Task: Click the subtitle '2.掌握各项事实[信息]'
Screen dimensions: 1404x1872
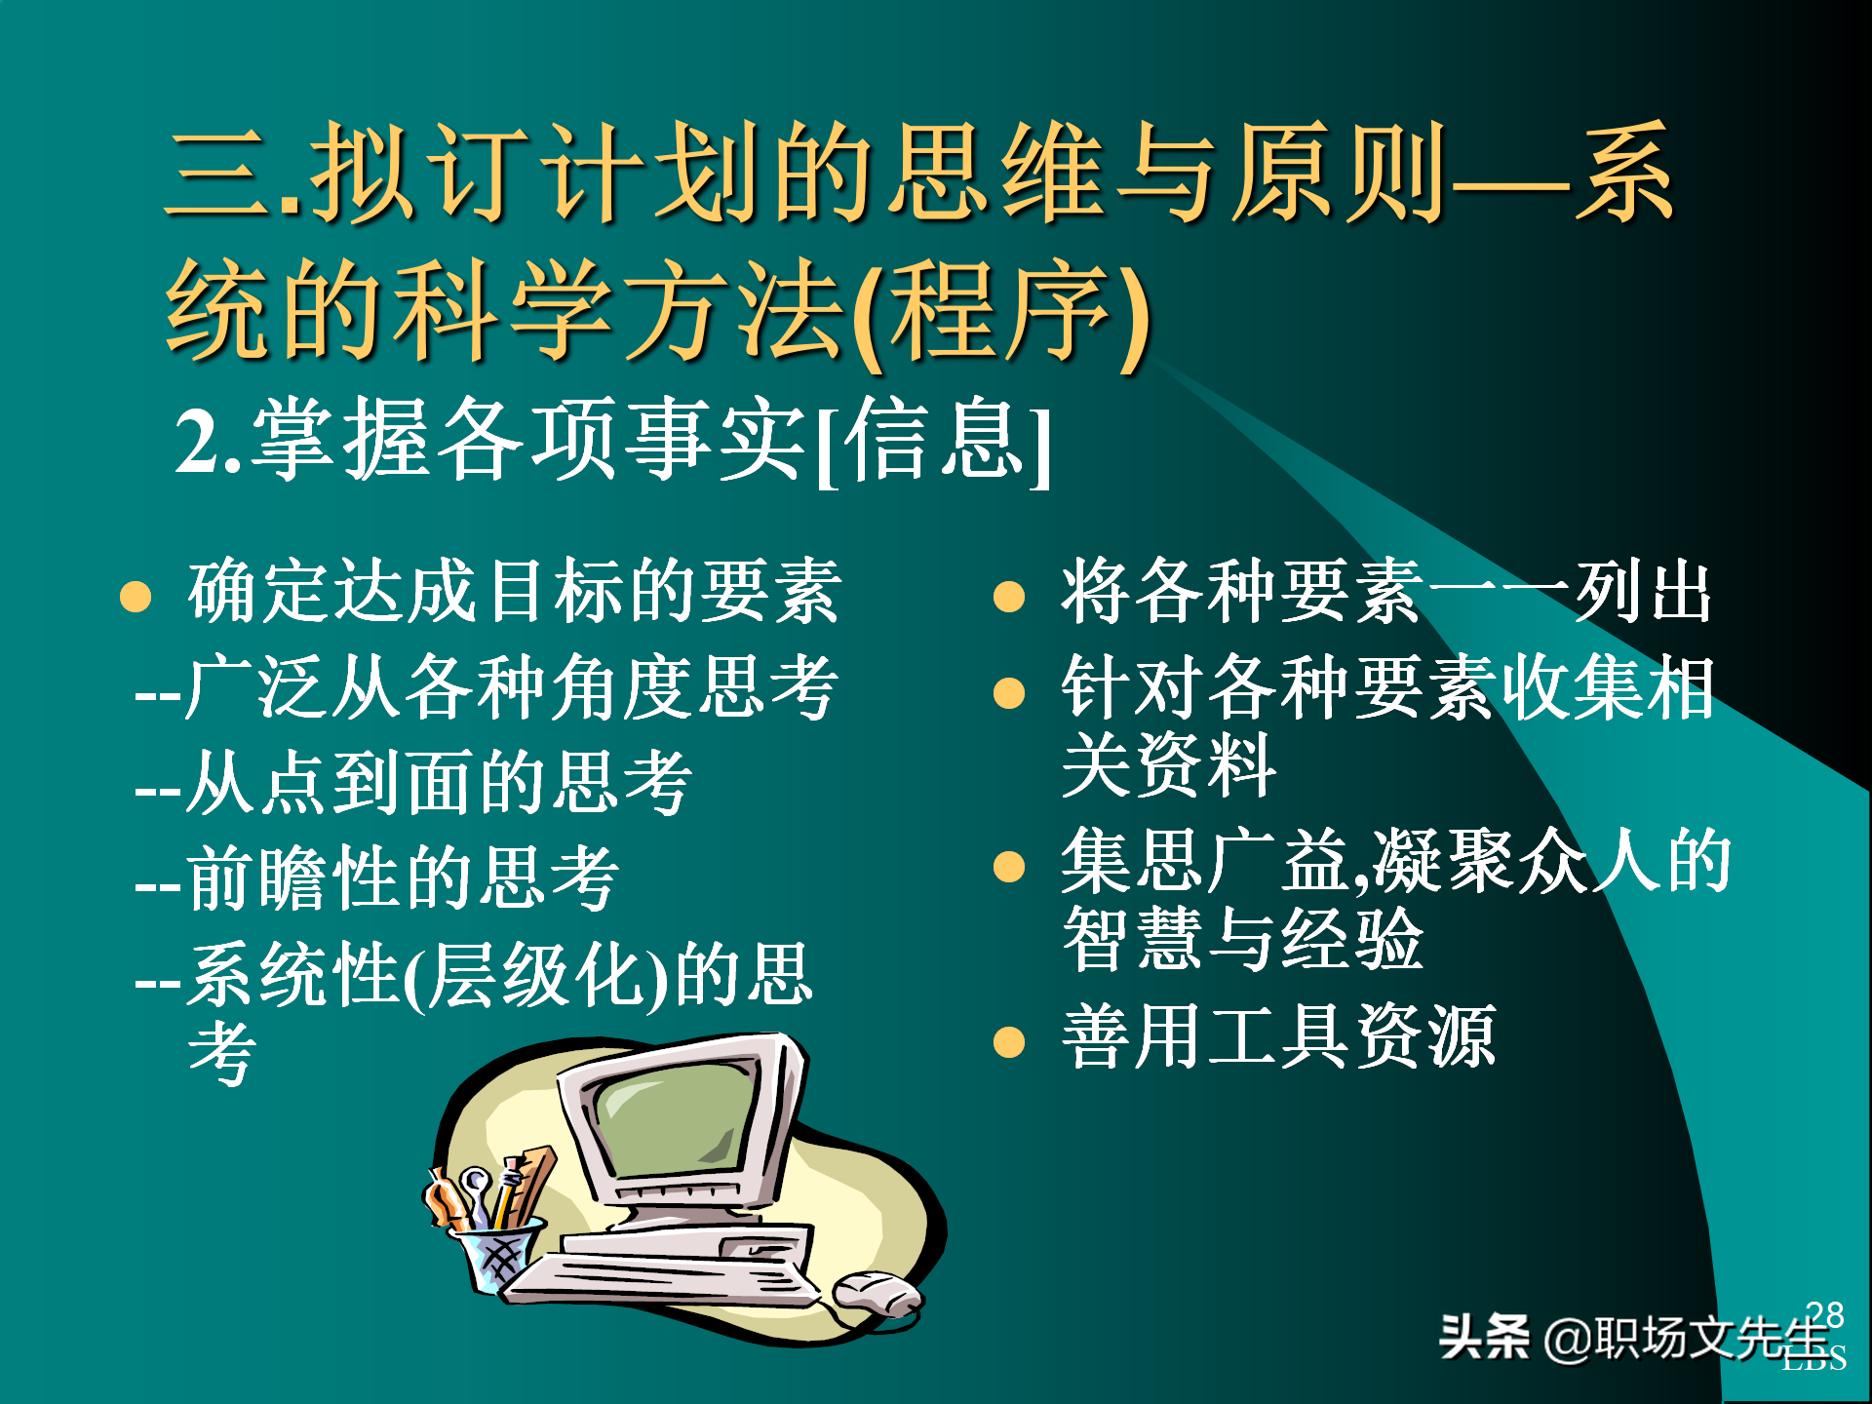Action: tap(612, 441)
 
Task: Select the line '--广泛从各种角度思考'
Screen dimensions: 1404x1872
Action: tap(486, 688)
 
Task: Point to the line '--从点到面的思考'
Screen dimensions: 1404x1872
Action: tap(413, 783)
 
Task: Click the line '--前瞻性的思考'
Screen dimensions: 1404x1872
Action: tap(376, 878)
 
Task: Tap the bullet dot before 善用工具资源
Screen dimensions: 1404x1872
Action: tap(1009, 1041)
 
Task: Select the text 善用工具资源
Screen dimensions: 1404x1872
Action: tap(1278, 1037)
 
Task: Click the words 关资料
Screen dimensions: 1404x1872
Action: tap(1168, 766)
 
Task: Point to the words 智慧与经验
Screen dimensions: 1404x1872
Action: tap(1243, 939)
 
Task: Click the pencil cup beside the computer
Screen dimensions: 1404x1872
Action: tap(497, 1253)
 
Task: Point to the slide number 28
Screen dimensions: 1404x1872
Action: tap(1824, 1314)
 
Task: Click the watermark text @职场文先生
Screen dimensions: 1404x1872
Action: tap(1687, 1338)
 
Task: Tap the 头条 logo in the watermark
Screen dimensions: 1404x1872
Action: tap(1484, 1337)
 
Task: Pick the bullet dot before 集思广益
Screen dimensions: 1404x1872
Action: tap(1009, 866)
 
